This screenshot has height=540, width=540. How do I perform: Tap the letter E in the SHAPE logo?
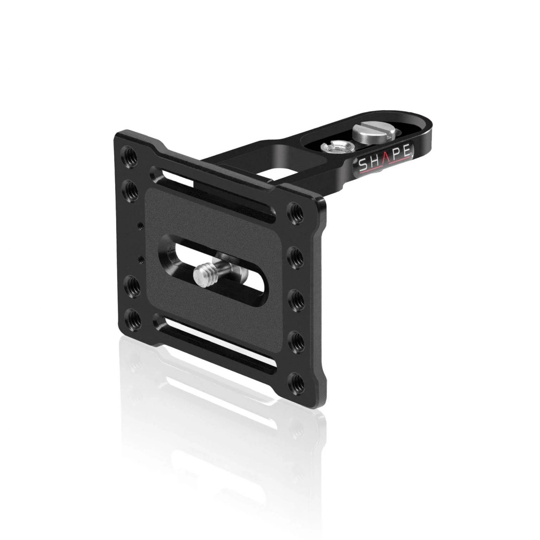tap(405, 152)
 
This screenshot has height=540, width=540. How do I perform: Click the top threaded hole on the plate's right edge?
tap(295, 211)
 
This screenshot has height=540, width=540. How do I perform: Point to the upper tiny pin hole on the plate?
tap(141, 225)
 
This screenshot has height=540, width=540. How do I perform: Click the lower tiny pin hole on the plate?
tap(141, 259)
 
